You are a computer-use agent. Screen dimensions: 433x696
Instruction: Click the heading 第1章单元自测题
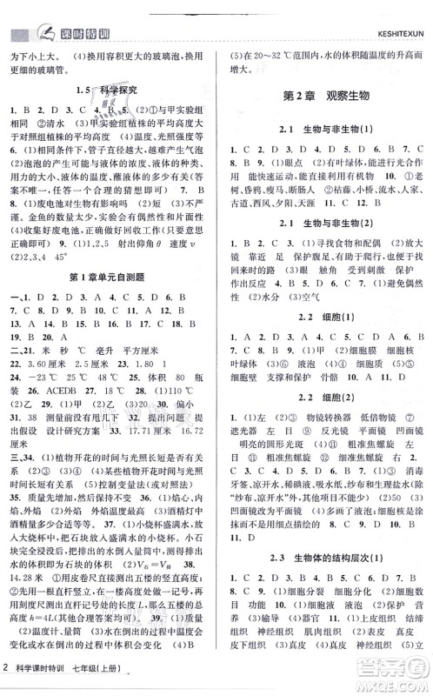(109, 278)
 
